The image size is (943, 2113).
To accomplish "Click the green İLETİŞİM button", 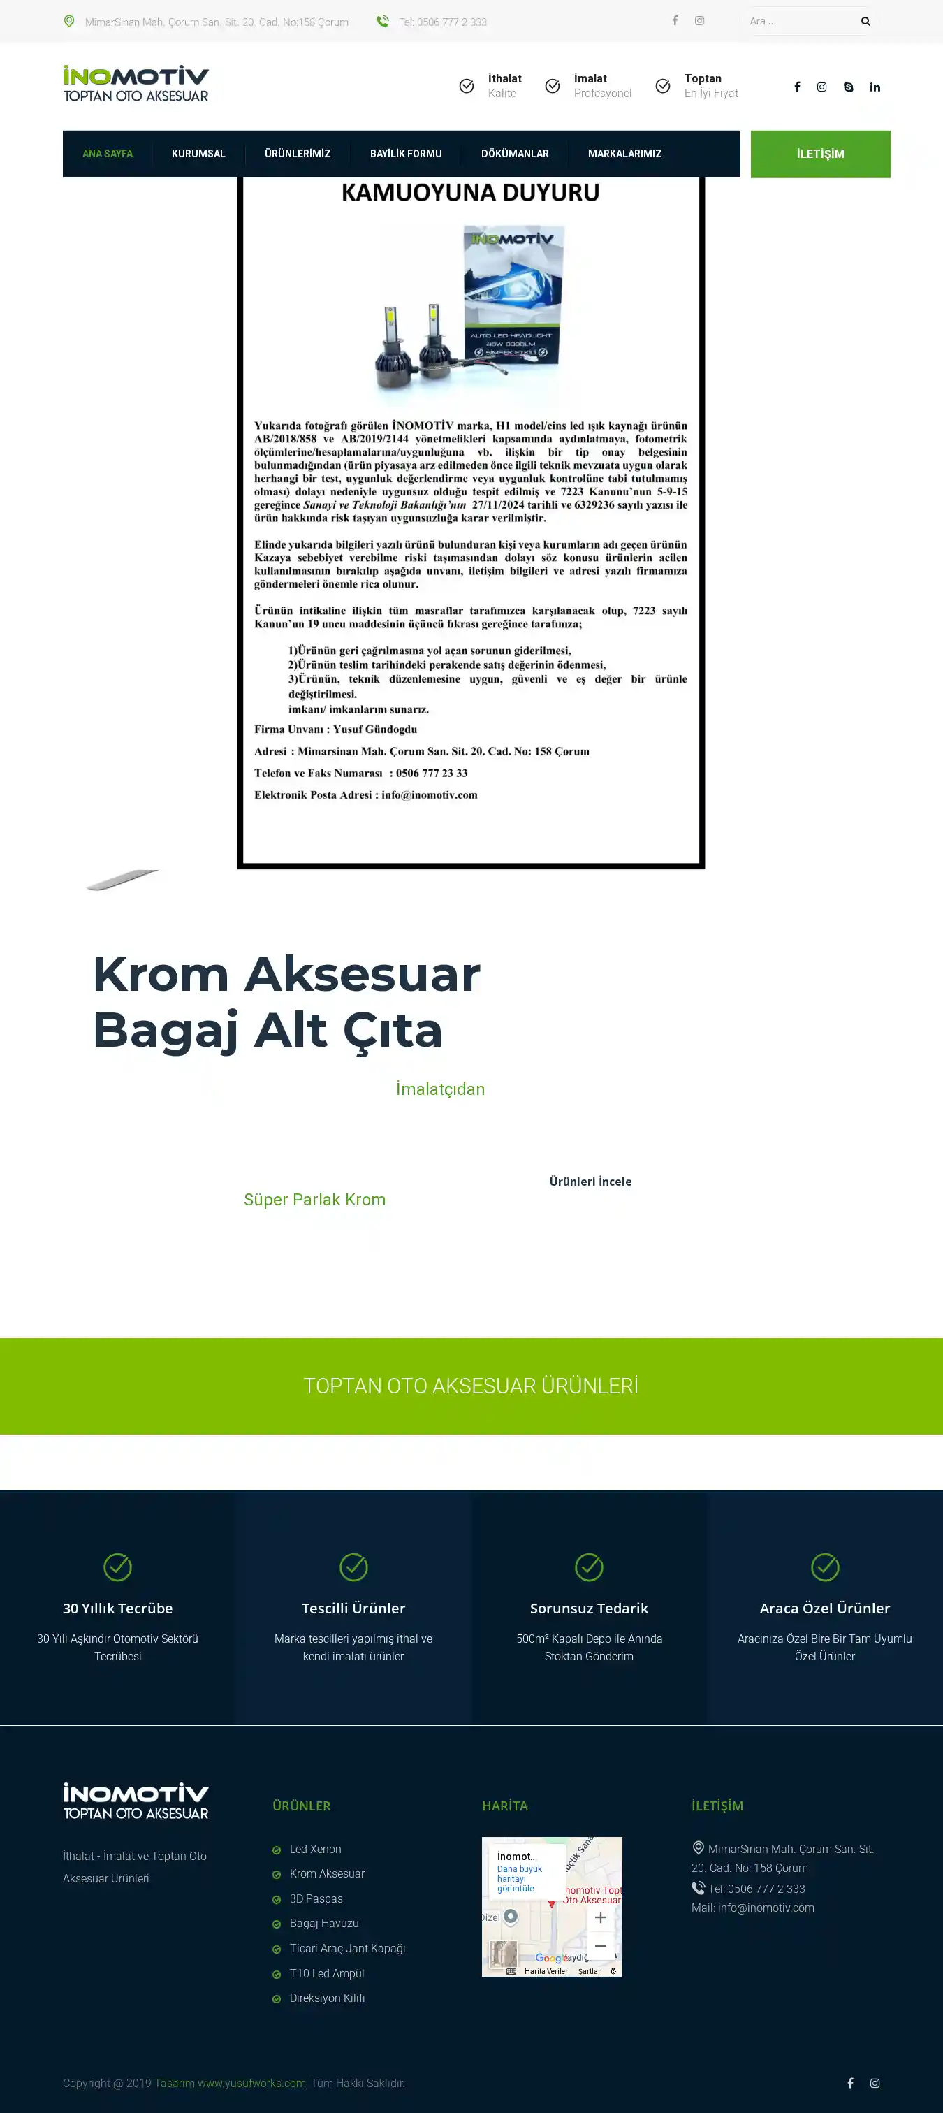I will click(x=820, y=154).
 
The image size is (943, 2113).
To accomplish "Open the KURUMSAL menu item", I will click(x=198, y=154).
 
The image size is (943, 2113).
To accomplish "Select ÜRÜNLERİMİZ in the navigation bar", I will click(x=297, y=154).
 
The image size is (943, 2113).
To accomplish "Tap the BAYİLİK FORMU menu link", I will click(x=405, y=154).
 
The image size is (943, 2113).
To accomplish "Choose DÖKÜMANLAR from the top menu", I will click(x=514, y=154).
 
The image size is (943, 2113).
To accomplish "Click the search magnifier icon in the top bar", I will click(x=865, y=22).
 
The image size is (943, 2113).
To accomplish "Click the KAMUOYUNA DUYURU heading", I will click(x=470, y=193).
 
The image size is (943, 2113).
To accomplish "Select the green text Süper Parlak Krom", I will click(x=314, y=1200).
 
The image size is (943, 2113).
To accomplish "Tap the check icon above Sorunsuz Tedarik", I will click(x=589, y=1567).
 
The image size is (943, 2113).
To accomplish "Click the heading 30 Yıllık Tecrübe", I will click(x=117, y=1609).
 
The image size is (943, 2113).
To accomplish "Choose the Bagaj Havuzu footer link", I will click(x=324, y=1924).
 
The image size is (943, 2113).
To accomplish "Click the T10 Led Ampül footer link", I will click(x=326, y=1973).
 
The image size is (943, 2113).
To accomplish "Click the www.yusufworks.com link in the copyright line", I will click(x=251, y=2084).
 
